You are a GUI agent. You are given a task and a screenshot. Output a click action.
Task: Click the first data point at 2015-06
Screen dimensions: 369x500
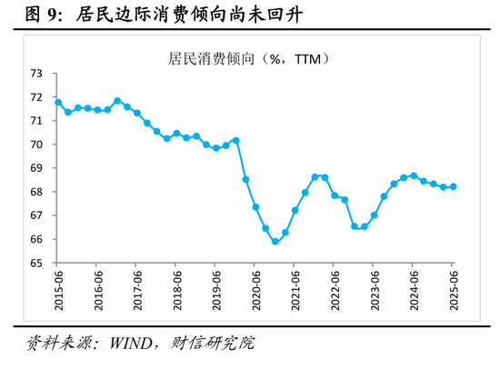[58, 103]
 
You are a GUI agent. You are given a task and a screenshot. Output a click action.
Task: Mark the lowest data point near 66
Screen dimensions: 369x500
[275, 242]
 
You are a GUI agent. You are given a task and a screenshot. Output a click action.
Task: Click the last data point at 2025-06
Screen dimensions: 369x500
[453, 186]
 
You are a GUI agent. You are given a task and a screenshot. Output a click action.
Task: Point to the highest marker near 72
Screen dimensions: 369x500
[117, 101]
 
